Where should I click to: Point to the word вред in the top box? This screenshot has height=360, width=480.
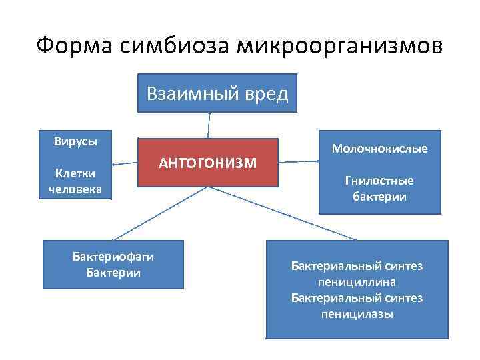[x=265, y=94]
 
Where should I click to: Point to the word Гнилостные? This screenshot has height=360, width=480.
[x=379, y=181]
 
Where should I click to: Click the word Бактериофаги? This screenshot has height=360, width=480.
[x=113, y=258]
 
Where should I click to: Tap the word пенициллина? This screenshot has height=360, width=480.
[x=357, y=282]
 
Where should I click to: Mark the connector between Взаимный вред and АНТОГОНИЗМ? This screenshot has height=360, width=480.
[x=209, y=125]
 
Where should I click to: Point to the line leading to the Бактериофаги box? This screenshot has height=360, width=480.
[x=160, y=212]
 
